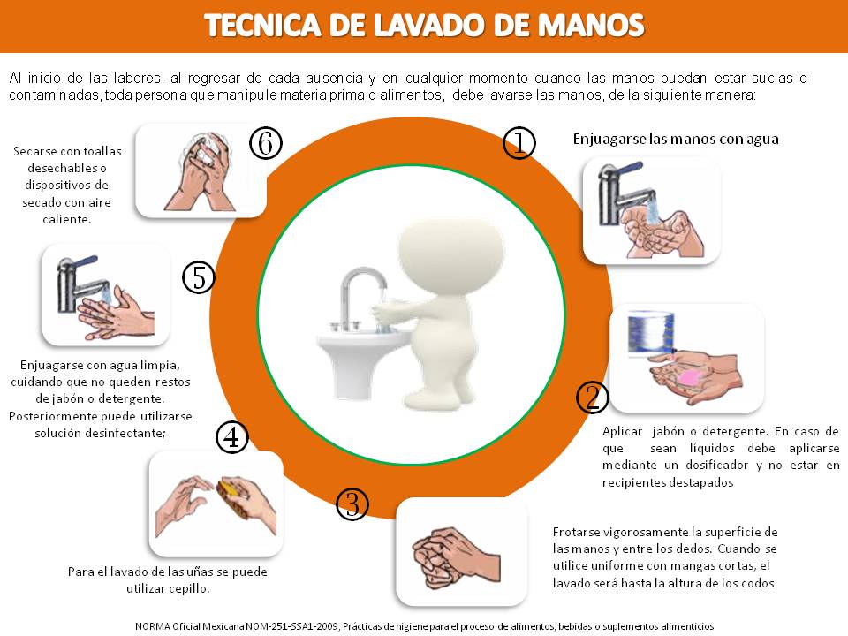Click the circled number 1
(519, 143)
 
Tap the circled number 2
(593, 397)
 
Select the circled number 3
(352, 504)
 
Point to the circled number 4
(232, 437)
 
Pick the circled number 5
(199, 277)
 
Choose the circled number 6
(266, 143)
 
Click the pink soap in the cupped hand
(689, 377)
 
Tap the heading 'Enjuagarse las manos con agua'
(676, 140)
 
